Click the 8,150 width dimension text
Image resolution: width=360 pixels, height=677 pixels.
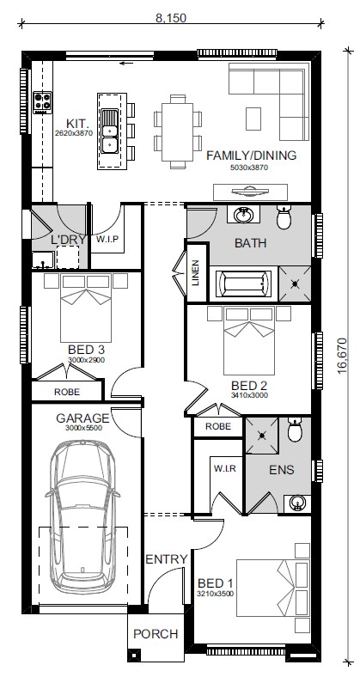pos(171,18)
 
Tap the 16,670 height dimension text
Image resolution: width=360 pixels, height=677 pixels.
pos(342,356)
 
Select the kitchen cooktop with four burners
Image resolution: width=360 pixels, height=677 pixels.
pos(43,103)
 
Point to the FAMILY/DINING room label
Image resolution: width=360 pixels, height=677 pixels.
pos(251,156)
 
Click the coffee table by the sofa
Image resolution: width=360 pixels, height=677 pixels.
pos(253,119)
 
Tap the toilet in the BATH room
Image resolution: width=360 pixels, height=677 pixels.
pos(284,218)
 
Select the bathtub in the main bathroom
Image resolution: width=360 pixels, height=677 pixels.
pos(244,284)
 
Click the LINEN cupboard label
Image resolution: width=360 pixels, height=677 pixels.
pos(196,273)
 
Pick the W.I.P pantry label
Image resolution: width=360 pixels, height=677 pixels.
pos(107,239)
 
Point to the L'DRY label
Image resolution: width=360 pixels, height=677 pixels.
pos(69,240)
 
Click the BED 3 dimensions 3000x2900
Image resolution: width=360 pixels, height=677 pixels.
pos(86,359)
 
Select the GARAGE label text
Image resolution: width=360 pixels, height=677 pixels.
pos(82,418)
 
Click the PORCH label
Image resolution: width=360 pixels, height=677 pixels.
pos(156,634)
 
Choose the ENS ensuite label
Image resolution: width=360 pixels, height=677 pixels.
pos(282,470)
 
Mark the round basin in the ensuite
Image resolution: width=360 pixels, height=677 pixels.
pos(298,503)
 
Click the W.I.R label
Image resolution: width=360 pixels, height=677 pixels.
pos(225,468)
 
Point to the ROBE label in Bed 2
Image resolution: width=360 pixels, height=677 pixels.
pos(218,427)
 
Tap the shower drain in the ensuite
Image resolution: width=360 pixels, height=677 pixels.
pos(262,436)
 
